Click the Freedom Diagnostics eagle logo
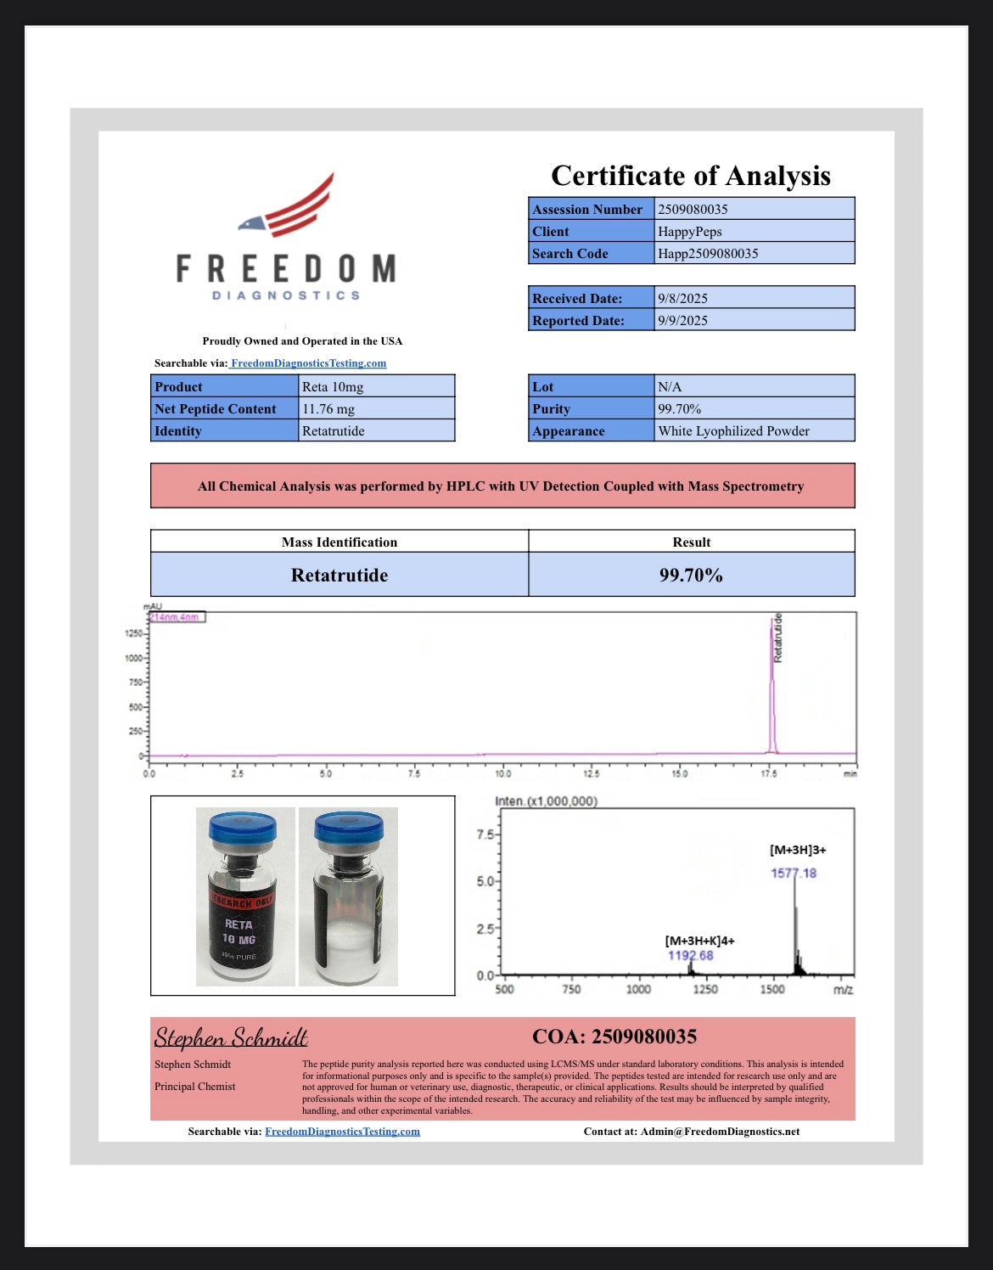[x=289, y=207]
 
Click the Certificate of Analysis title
[x=690, y=176]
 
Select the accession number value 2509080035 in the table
[x=693, y=209]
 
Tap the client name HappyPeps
[x=689, y=231]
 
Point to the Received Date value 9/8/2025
[x=682, y=298]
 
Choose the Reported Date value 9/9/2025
[x=682, y=320]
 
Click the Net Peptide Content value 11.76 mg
[x=328, y=408]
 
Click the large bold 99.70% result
[x=691, y=575]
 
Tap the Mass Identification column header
[x=339, y=542]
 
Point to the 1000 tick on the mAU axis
[x=134, y=658]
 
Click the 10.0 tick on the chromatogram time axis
[x=503, y=773]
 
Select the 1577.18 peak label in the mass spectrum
[x=794, y=873]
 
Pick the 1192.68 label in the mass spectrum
[x=690, y=955]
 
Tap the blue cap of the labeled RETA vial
[x=243, y=826]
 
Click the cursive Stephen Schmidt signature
[x=231, y=1037]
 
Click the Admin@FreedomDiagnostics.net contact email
[x=720, y=1131]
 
